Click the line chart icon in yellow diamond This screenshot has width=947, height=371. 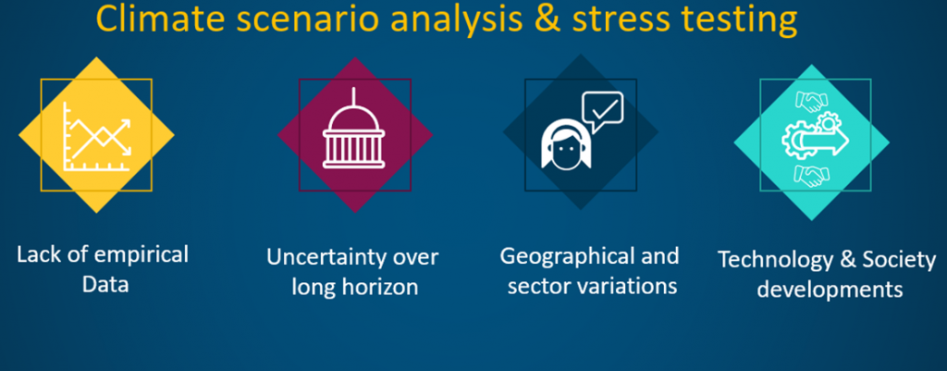click(x=97, y=136)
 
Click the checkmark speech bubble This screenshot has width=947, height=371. click(x=602, y=111)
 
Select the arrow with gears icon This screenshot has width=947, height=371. click(x=816, y=139)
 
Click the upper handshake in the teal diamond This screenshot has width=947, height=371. click(x=811, y=101)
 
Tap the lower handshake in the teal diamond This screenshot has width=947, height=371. click(x=811, y=175)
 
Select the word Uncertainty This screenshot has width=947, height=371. click(x=327, y=257)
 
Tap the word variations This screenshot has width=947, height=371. click(x=633, y=285)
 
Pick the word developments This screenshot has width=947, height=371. click(x=830, y=290)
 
